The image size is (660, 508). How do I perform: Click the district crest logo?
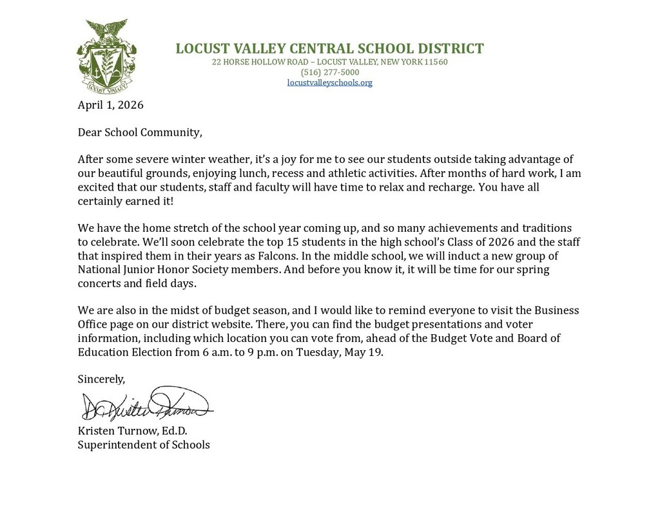pos(106,56)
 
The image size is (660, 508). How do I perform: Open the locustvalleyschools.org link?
pos(329,82)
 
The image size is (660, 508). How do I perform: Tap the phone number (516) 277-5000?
pos(329,72)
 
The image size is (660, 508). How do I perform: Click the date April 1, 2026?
pos(110,105)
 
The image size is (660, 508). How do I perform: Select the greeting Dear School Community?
pos(139,132)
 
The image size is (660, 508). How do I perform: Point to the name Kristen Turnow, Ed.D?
pos(132,431)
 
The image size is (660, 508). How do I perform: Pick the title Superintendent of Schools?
pos(144,445)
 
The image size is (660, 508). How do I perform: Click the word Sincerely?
pos(101,379)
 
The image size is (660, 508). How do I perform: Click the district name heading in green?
pos(329,48)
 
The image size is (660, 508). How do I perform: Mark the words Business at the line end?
pos(556,310)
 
